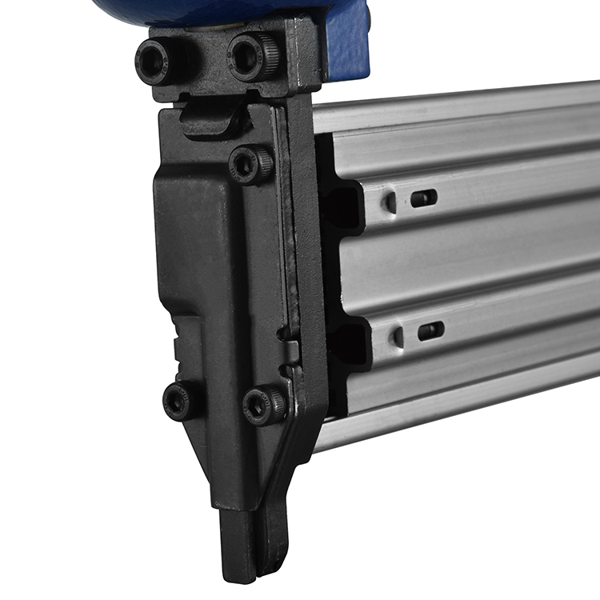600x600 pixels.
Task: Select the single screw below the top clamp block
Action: point(250,165)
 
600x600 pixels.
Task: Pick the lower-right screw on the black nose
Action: point(264,406)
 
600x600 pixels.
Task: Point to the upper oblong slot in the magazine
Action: point(424,198)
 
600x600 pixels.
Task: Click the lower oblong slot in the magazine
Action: point(430,330)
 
